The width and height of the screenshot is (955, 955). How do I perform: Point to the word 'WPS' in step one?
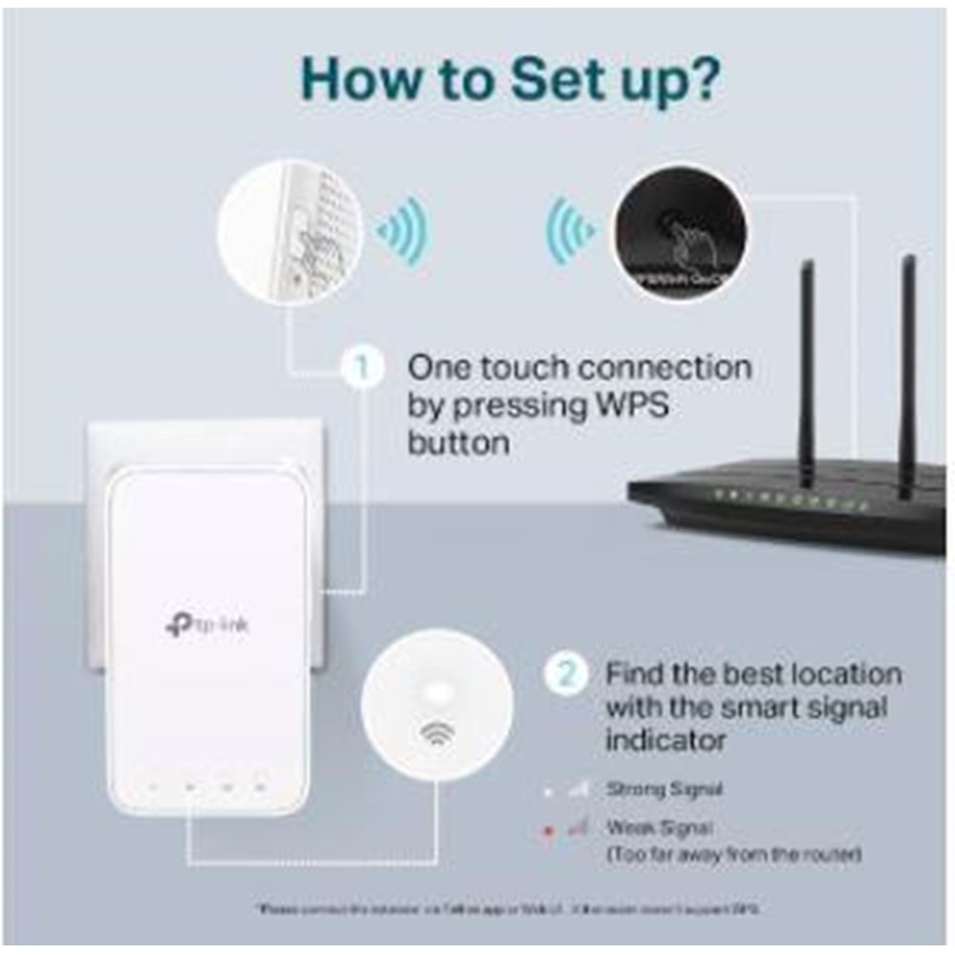tap(623, 405)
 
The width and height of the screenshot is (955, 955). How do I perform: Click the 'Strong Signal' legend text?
tap(664, 790)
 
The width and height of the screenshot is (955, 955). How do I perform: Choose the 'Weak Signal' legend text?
tap(659, 828)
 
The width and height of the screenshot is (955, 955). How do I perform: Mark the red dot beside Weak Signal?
tap(548, 831)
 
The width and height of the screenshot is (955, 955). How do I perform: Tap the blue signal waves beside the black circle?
tap(570, 232)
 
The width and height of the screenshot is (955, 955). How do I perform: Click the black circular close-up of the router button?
tap(680, 232)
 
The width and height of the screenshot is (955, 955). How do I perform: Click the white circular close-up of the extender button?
tap(289, 232)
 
